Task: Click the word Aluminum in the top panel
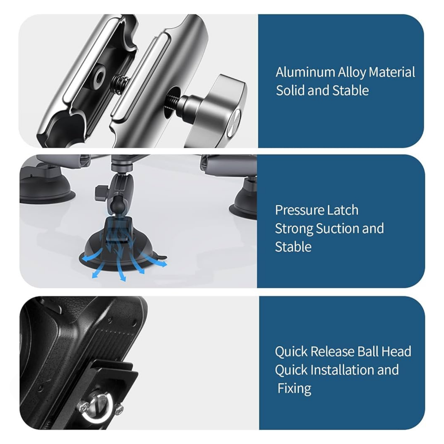pos(305,72)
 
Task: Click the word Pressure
pos(301,210)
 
